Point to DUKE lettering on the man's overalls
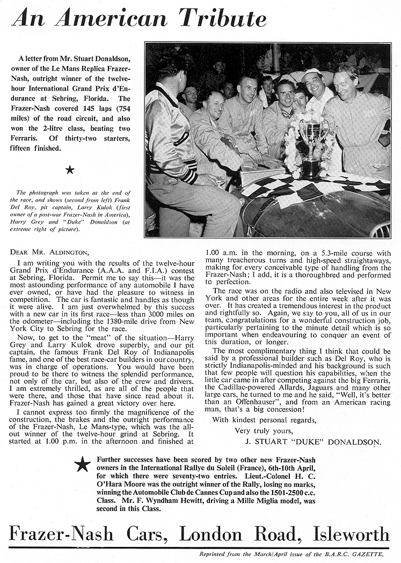[370, 114]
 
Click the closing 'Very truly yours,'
[265, 431]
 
